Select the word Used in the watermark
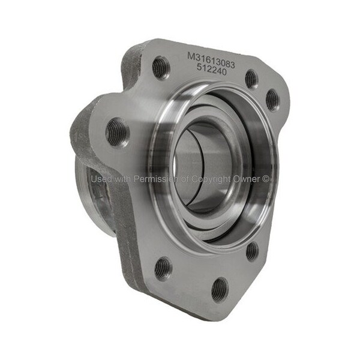101,179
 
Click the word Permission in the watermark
155,179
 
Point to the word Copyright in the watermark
211,179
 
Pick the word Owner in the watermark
247,179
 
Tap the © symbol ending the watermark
265,179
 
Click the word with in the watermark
122,179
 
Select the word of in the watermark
185,179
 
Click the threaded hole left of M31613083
161,67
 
